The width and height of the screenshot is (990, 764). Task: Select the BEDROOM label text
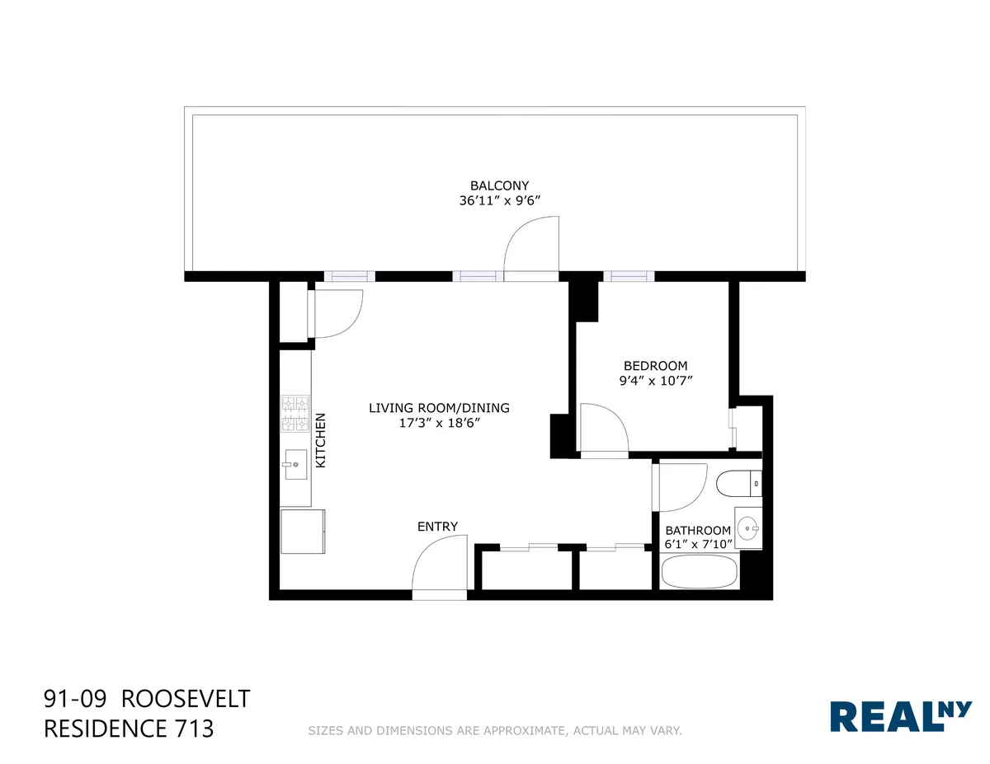pos(655,366)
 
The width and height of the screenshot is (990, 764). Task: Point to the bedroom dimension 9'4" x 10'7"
pos(655,381)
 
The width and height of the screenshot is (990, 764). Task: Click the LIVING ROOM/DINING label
pos(439,408)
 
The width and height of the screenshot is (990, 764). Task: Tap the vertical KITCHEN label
pos(321,440)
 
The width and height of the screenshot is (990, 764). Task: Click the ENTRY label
pos(437,527)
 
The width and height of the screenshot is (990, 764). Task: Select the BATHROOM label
pos(698,530)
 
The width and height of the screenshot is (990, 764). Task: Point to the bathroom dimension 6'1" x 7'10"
pos(698,544)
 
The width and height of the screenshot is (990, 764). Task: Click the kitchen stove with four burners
pos(295,414)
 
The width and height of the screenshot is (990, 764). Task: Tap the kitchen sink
pos(295,464)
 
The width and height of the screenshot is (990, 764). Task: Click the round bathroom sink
pos(748,528)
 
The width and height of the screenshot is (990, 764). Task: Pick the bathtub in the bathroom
pos(700,571)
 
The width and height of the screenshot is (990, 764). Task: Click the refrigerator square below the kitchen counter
pos(303,532)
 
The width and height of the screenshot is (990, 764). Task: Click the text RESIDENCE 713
pos(128,729)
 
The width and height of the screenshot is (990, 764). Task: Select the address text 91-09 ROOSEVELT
pos(146,700)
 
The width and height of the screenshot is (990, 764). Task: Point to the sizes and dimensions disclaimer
pos(494,730)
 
